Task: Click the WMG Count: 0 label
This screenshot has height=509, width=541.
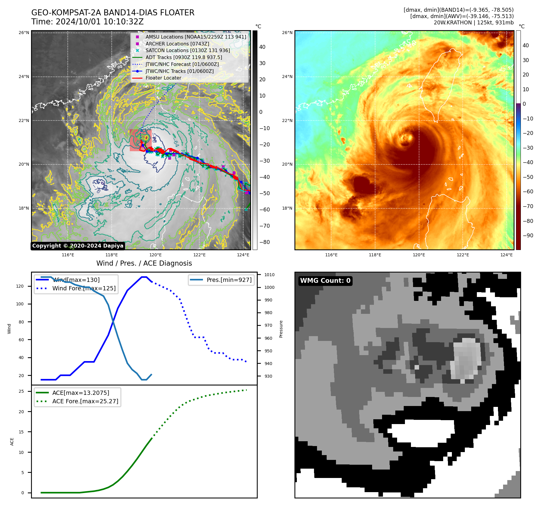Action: [x=325, y=281]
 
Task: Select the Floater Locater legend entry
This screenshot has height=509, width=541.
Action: [x=163, y=78]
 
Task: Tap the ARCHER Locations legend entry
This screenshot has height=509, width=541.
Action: [x=177, y=44]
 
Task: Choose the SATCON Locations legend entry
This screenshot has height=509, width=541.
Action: [x=188, y=51]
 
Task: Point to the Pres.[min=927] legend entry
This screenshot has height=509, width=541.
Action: [x=229, y=280]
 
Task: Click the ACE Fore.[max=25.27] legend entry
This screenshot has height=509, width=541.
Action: [x=85, y=401]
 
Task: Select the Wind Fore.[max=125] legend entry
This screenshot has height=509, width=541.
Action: [x=84, y=289]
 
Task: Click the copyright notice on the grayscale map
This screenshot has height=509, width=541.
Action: [x=78, y=246]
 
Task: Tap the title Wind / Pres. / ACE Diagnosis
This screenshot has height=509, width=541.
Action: [x=144, y=264]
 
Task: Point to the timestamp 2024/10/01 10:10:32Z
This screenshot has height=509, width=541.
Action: [x=100, y=22]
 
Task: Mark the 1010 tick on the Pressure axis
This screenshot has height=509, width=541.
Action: [x=269, y=275]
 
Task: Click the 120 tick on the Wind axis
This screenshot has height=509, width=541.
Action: [x=20, y=286]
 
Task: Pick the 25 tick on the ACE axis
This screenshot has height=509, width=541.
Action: [x=21, y=392]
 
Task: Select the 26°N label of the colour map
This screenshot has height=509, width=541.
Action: [x=287, y=33]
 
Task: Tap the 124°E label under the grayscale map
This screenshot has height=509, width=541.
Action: [x=243, y=255]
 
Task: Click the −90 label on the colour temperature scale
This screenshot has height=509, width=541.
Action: [x=528, y=236]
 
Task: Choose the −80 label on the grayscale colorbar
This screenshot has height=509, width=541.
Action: [x=265, y=242]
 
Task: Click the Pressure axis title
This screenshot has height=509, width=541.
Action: [x=281, y=329]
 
